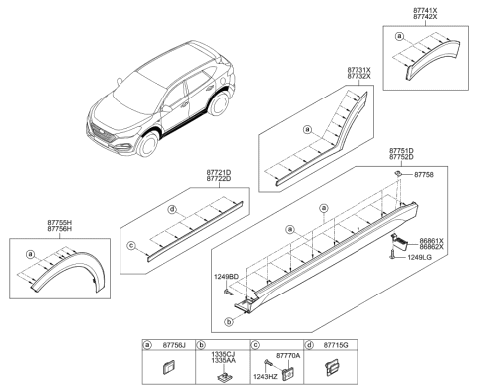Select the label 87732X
[358, 77]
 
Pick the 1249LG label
[433, 258]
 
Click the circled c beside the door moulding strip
[131, 245]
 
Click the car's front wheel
[151, 146]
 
